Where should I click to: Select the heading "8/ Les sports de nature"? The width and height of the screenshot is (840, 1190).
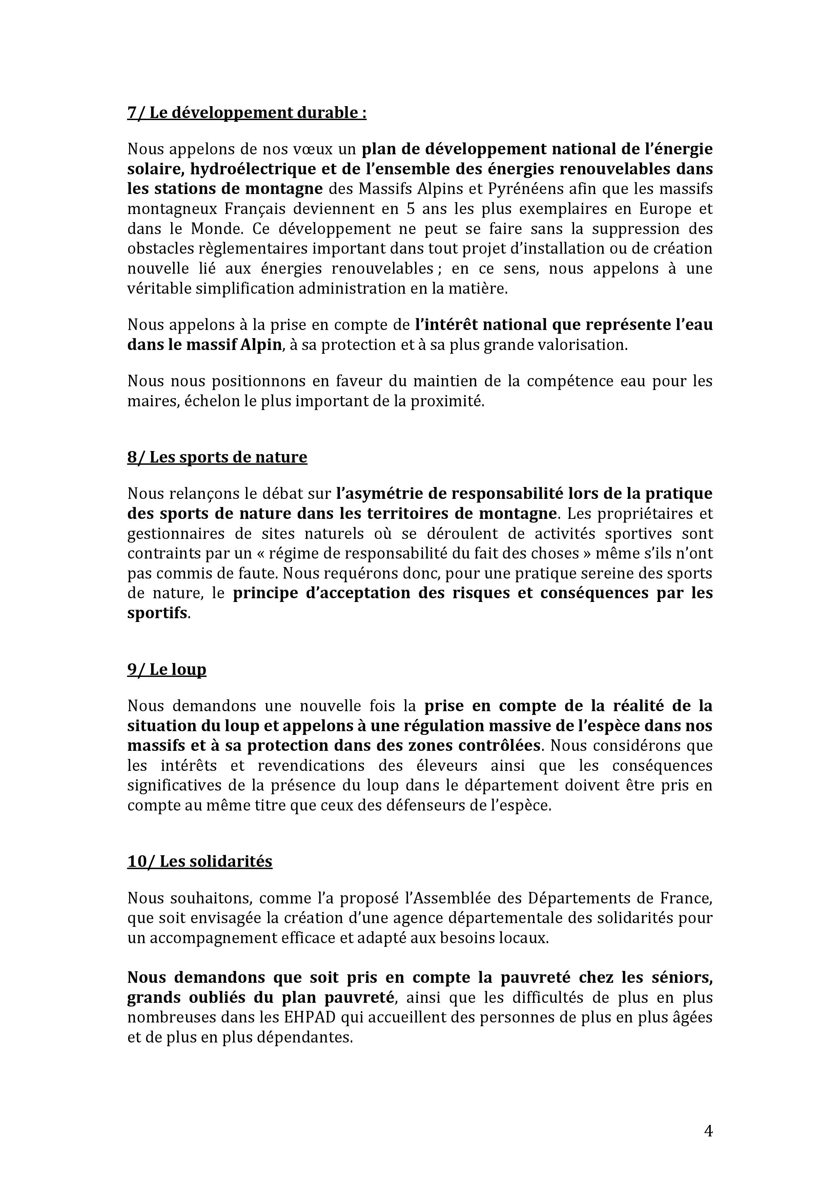click(x=217, y=457)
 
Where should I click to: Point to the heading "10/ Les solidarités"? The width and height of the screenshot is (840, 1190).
click(x=200, y=861)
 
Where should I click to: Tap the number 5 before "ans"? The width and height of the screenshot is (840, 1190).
click(x=404, y=209)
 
